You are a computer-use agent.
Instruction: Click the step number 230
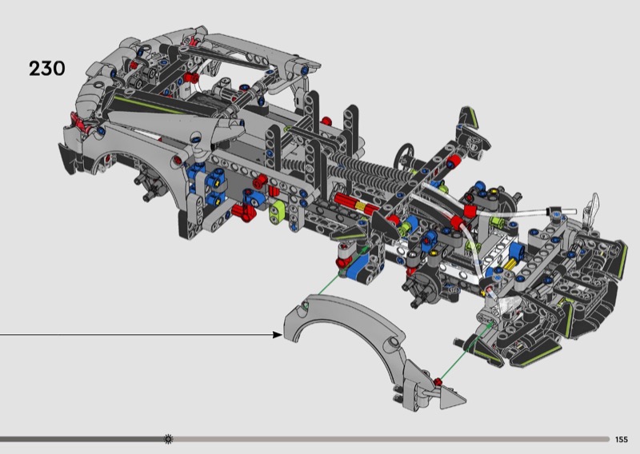pyautogui.click(x=47, y=69)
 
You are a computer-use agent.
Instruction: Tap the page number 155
pyautogui.click(x=622, y=440)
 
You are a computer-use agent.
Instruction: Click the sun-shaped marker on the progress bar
pyautogui.click(x=168, y=439)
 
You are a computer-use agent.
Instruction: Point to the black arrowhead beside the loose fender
pyautogui.click(x=278, y=335)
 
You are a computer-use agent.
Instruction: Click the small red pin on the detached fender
pyautogui.click(x=438, y=382)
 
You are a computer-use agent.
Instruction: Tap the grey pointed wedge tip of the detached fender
pyautogui.click(x=452, y=396)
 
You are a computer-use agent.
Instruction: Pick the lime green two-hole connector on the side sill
pyautogui.click(x=278, y=211)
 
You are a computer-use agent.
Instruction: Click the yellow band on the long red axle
pyautogui.click(x=361, y=206)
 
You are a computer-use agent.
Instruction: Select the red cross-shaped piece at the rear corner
pyautogui.click(x=81, y=122)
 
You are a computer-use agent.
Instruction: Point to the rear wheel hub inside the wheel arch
pyautogui.click(x=149, y=185)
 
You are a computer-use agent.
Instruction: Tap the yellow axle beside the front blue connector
pyautogui.click(x=510, y=265)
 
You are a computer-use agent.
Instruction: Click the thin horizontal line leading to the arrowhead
pyautogui.click(x=136, y=335)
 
